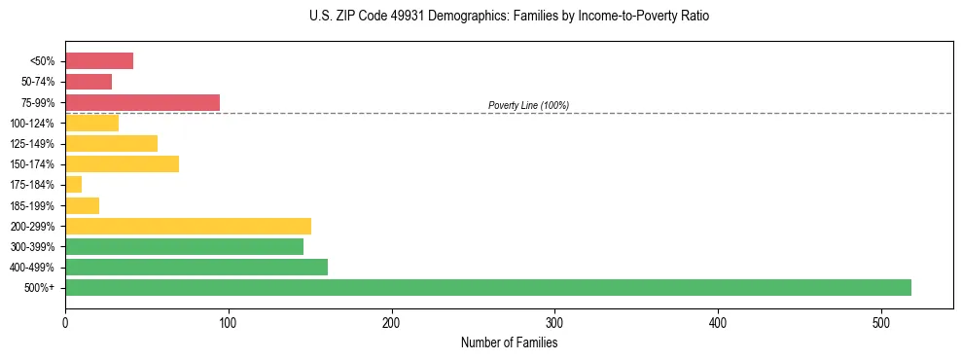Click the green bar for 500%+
click(x=487, y=287)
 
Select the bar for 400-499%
click(x=196, y=267)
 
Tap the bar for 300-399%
click(x=184, y=246)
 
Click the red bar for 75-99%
click(x=142, y=102)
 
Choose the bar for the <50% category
click(x=98, y=61)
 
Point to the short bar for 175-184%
click(x=73, y=184)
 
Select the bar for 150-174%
click(x=122, y=163)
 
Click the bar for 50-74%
click(x=88, y=82)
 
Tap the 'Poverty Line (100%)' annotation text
click(x=528, y=105)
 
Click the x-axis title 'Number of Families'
click(x=509, y=342)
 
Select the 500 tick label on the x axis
click(x=881, y=321)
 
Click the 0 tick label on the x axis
click(x=65, y=321)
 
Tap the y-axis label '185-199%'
click(x=32, y=205)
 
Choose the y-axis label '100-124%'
click(x=32, y=124)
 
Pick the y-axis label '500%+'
click(x=39, y=288)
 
